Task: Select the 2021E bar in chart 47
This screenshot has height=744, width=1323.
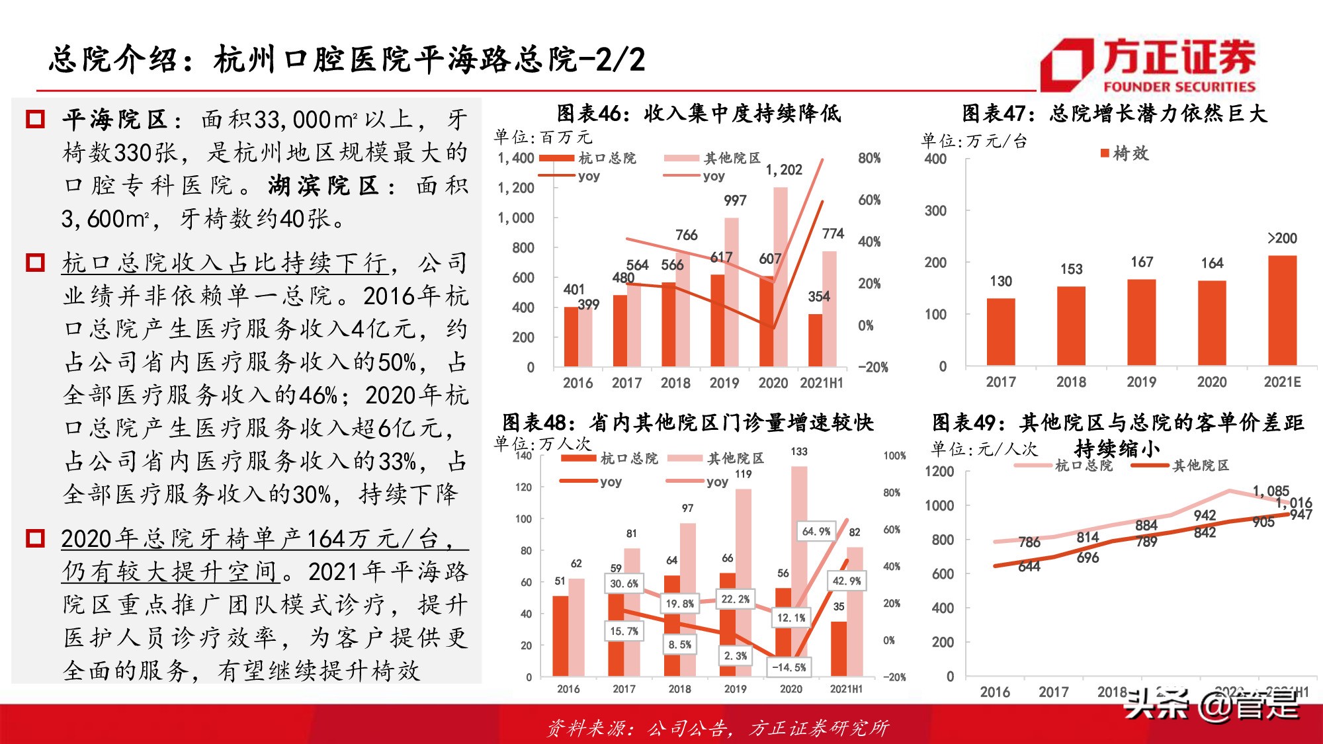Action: pos(1282,310)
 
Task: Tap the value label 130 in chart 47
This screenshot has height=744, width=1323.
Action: pos(1001,281)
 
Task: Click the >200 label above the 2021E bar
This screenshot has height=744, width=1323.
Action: pos(1282,238)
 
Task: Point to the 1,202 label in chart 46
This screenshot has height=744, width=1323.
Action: pos(784,170)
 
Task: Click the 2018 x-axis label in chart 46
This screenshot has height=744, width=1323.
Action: pos(675,383)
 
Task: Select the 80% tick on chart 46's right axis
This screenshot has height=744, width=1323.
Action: pos(869,158)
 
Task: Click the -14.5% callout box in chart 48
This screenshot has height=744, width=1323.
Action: pos(789,667)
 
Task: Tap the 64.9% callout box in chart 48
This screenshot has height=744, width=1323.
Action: pos(816,531)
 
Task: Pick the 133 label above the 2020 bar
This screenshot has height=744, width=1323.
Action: pos(799,452)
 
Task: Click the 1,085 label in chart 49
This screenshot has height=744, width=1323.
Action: pos(1271,491)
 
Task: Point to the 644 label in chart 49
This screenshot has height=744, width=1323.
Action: pos(1029,566)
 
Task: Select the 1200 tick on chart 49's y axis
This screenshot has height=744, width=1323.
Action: pos(939,472)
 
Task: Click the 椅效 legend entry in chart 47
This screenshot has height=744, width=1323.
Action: pos(1125,153)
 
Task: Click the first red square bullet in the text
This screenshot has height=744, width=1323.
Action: pos(34,120)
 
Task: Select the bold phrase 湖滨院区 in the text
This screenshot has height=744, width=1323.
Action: pos(323,186)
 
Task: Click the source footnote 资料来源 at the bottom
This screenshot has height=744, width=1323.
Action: pos(718,728)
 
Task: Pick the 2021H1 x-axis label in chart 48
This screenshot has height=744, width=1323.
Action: pos(846,688)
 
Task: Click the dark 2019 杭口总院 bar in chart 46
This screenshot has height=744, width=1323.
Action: pos(717,320)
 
